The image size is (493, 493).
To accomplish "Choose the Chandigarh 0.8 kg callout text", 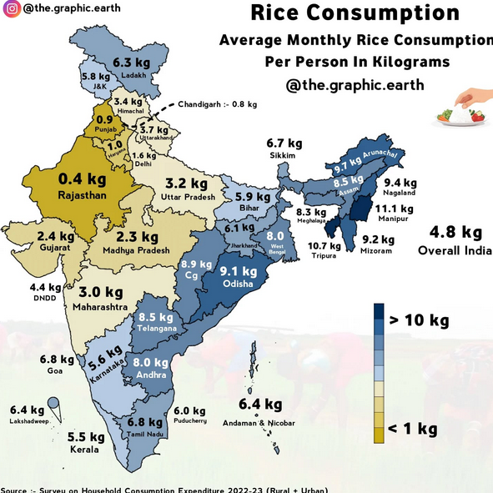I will click(218, 104).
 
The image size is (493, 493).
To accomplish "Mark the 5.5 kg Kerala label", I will click(85, 437).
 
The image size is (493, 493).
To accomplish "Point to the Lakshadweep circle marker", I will click(53, 404).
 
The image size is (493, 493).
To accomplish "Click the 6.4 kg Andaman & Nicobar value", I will click(259, 405).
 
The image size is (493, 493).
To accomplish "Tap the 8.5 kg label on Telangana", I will click(155, 318).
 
